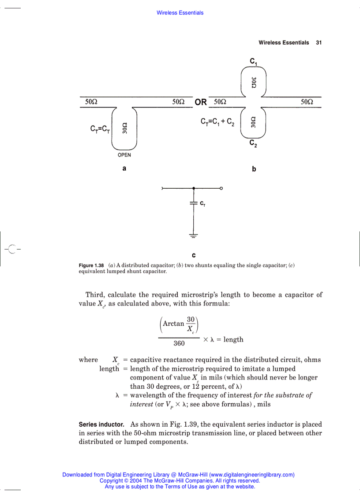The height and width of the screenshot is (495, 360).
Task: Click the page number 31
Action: coord(319,43)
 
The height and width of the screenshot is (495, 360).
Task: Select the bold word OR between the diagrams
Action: coord(201,102)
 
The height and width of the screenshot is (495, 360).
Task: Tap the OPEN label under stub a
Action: coord(124,155)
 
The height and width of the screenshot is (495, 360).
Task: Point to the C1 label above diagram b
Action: coord(254,61)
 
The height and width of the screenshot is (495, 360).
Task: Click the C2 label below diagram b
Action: coord(254,143)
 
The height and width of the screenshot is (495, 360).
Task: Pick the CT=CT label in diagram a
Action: coord(100,129)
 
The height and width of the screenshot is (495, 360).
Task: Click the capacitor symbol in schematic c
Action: coord(193,203)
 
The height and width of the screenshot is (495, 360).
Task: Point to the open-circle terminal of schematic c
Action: coord(221,189)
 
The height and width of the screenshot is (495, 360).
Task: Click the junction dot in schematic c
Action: coord(193,189)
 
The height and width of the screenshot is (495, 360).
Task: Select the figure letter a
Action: coord(124,168)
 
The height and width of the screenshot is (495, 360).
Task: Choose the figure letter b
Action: coord(254,168)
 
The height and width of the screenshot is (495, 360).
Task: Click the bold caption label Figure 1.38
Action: coord(91,265)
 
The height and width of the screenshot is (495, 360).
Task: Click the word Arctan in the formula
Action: coord(173,324)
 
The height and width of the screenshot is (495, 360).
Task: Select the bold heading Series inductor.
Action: coord(101,424)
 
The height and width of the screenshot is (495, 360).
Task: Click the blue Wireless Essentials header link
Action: coord(180,13)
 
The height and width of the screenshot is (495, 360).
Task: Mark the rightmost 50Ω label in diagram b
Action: coord(307,102)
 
